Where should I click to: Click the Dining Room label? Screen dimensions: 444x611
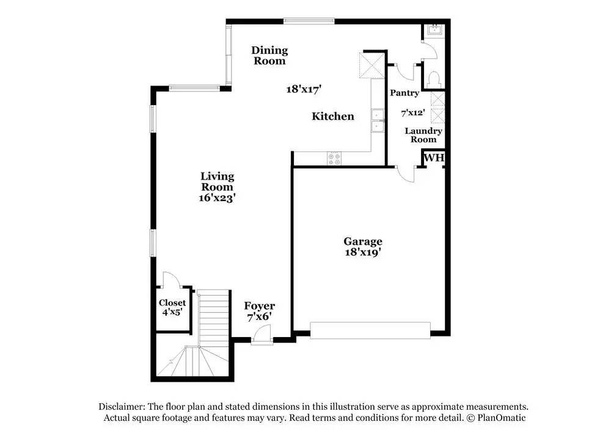(x=269, y=56)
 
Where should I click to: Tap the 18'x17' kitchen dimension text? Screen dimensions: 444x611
(x=304, y=89)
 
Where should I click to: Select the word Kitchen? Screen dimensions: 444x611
(x=333, y=116)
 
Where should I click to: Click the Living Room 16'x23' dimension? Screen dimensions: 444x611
(x=217, y=198)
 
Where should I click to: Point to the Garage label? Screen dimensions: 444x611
(x=362, y=241)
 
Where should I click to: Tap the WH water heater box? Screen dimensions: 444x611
(x=434, y=158)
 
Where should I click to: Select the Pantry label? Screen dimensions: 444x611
(x=404, y=93)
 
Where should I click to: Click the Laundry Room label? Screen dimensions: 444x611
(x=423, y=135)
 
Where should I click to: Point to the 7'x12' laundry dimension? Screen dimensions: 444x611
(x=412, y=113)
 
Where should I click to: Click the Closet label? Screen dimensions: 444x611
(x=172, y=303)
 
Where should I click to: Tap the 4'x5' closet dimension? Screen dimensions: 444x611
(x=172, y=313)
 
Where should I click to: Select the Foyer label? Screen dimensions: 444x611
(x=260, y=306)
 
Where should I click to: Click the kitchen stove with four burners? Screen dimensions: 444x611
(x=335, y=159)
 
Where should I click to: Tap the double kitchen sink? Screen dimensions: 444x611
(x=378, y=120)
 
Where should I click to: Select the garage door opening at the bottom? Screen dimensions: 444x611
(x=370, y=330)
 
